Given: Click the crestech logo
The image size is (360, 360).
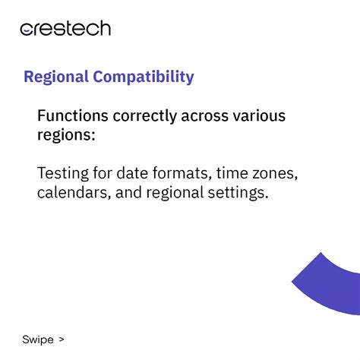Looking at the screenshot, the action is tap(65, 28).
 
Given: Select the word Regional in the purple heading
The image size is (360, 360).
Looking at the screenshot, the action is tap(56, 77).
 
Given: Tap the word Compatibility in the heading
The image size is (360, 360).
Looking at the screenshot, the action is tap(144, 77).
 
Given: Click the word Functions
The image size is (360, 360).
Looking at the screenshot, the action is tap(73, 115).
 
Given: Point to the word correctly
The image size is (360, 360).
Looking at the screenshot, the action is tap(145, 116).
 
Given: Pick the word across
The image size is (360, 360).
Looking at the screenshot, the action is tap(205, 116).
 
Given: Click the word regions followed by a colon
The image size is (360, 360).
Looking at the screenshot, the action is tap(66, 135).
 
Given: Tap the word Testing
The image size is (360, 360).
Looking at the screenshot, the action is tap(63, 174).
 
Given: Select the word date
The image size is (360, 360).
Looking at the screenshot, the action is tap(132, 173).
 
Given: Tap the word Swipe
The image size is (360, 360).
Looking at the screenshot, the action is tap(38, 339).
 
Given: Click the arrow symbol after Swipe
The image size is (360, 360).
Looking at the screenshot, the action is tap(62, 339).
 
